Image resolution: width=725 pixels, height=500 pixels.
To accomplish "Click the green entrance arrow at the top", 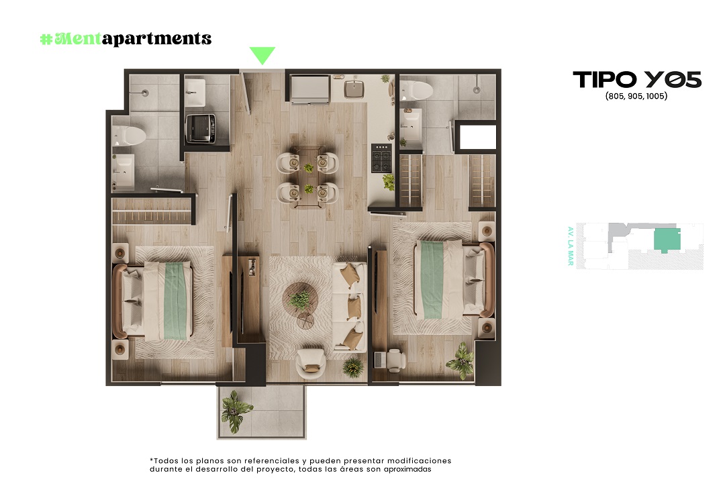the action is (x=262, y=54).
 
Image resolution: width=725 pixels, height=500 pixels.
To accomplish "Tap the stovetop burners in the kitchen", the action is (x=381, y=158).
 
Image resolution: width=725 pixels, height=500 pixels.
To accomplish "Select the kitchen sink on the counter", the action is (x=354, y=89).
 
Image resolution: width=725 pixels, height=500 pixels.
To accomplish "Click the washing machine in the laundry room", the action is (x=200, y=128).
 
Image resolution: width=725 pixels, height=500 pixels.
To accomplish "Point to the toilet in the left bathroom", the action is (x=129, y=136).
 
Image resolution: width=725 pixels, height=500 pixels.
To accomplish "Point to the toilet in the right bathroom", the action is (x=416, y=90).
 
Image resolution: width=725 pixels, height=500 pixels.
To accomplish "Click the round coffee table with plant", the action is (x=300, y=299).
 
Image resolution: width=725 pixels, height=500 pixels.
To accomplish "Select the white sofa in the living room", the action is (x=350, y=307).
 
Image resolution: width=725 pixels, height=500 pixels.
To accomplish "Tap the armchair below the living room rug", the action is (x=311, y=364).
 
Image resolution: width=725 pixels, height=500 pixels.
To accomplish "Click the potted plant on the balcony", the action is (x=236, y=411).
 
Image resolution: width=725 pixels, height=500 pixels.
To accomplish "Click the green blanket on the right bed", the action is (x=432, y=280).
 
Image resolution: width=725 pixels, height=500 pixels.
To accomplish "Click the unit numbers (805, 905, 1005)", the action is (x=636, y=96).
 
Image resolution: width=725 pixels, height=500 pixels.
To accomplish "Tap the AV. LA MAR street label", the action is (x=571, y=246).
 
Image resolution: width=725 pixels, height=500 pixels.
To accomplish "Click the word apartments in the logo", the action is (x=156, y=39).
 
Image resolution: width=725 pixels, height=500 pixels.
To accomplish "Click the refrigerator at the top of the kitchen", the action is (x=309, y=89).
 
